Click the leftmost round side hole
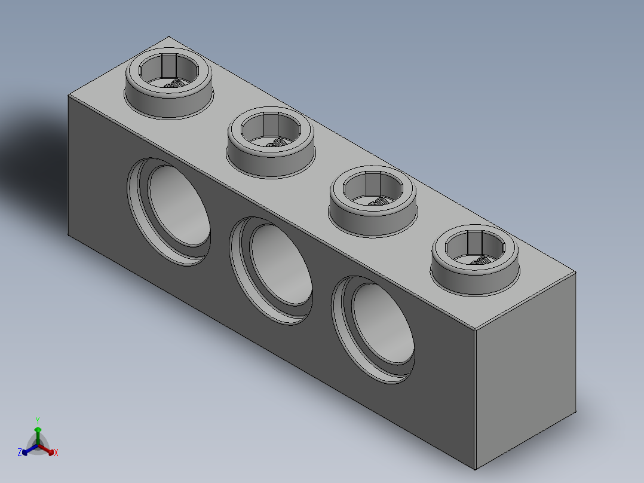pyautogui.click(x=169, y=212)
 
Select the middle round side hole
pyautogui.click(x=271, y=271)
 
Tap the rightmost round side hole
pyautogui.click(x=373, y=330)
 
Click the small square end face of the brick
pyautogui.click(x=525, y=370)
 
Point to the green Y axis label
pyautogui.click(x=38, y=420)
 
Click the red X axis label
pyautogui.click(x=56, y=453)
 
